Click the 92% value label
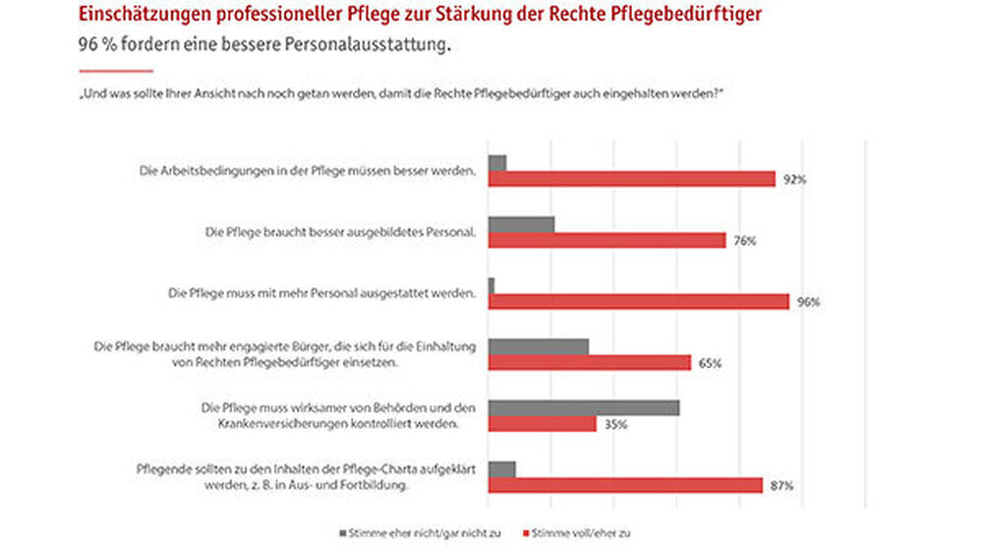(x=794, y=179)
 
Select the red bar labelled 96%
(x=638, y=301)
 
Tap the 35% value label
(x=616, y=424)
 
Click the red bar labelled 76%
(x=607, y=240)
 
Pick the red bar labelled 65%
(x=589, y=362)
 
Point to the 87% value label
(x=781, y=485)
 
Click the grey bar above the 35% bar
(x=583, y=407)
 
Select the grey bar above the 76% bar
(x=521, y=224)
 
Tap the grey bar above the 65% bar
(x=538, y=346)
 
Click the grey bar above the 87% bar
(x=501, y=468)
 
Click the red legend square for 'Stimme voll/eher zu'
(x=524, y=532)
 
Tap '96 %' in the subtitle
(x=94, y=45)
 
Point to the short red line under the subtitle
(x=115, y=71)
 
